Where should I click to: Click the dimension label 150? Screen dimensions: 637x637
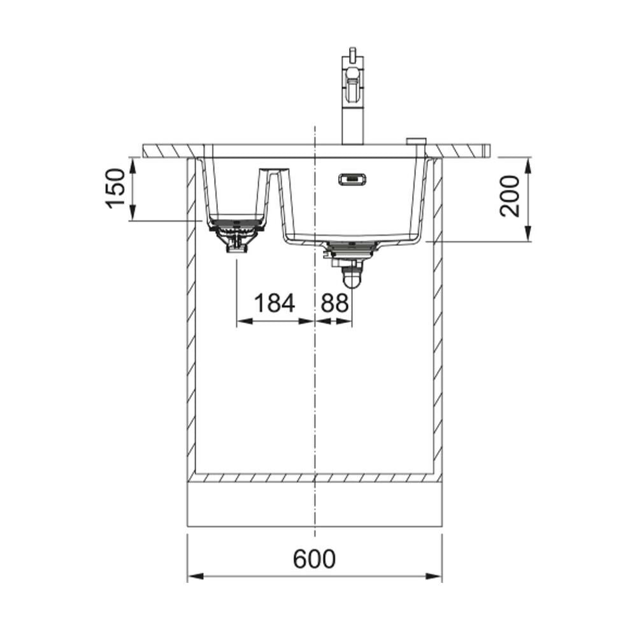[x=116, y=188]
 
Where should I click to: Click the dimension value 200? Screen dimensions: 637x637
[x=510, y=197]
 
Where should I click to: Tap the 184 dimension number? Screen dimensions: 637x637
[x=274, y=303]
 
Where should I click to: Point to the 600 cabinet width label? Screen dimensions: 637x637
[x=315, y=559]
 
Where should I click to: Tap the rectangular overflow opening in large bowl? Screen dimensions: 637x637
[x=352, y=179]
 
